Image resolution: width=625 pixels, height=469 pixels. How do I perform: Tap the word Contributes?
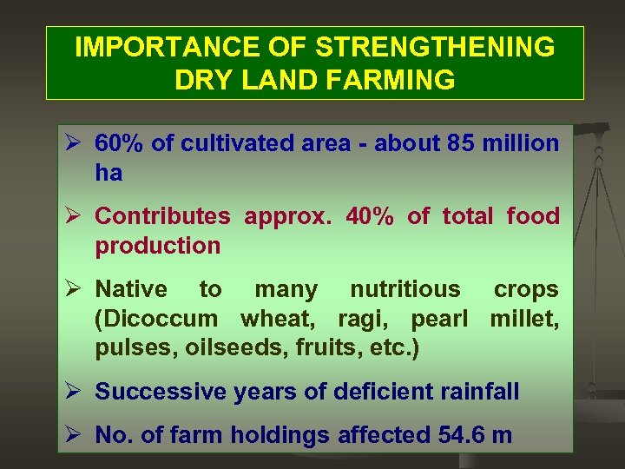[x=162, y=216]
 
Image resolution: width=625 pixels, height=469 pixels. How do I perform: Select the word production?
[x=158, y=246]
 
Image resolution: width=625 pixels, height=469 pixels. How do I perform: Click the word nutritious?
[x=405, y=289]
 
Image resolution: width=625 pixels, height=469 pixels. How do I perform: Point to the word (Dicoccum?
[x=152, y=319]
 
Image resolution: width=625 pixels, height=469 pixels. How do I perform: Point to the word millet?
[x=524, y=319]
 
